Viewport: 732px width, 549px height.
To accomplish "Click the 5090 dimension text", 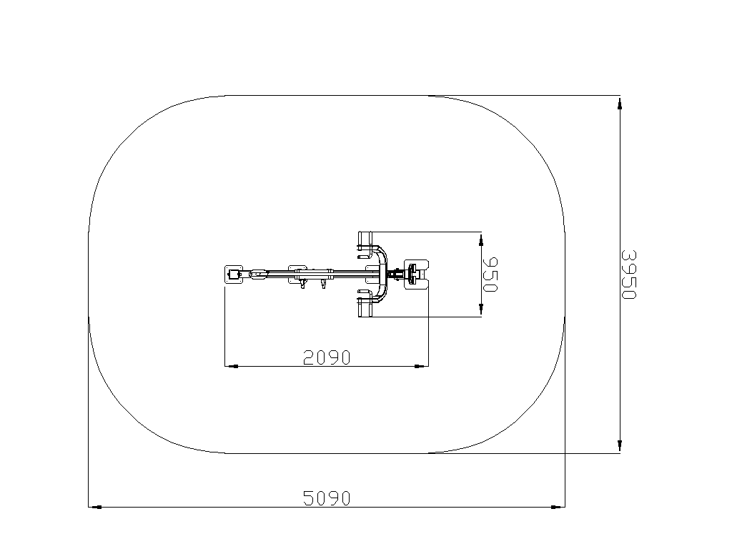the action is [326, 498].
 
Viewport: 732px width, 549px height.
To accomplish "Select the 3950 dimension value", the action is [628, 274].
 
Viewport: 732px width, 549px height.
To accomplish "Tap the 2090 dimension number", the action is [326, 357].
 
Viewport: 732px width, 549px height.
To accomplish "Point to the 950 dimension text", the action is [490, 274].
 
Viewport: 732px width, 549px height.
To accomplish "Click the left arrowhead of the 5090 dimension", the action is [95, 507].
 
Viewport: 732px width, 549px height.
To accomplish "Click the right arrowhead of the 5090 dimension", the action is [558, 507].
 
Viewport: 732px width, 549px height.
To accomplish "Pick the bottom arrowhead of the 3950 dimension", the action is [620, 446].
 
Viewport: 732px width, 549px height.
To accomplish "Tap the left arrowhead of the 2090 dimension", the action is [232, 366].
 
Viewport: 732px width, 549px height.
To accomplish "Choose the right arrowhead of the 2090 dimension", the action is [422, 366].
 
